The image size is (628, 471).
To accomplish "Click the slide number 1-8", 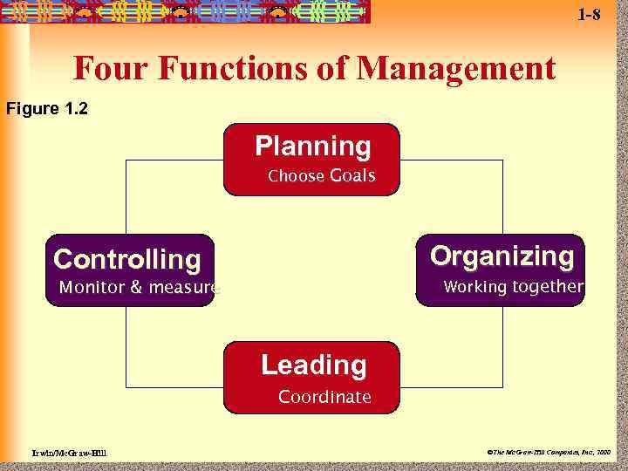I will (590, 15).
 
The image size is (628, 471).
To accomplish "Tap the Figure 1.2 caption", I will (47, 109).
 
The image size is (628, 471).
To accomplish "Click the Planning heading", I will (312, 146).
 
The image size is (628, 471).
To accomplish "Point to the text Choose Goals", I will (321, 176).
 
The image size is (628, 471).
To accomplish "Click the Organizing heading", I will (502, 256).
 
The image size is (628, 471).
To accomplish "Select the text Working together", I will (513, 287).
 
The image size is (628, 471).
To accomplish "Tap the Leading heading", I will (313, 365).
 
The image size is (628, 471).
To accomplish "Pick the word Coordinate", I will (324, 398).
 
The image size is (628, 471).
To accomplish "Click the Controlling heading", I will (127, 259).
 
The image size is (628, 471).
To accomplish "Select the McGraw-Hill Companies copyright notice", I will (549, 453).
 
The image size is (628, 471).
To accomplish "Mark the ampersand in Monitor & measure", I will (134, 288).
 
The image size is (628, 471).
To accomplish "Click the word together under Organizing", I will (548, 287).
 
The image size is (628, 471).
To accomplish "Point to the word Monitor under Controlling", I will (92, 288).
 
